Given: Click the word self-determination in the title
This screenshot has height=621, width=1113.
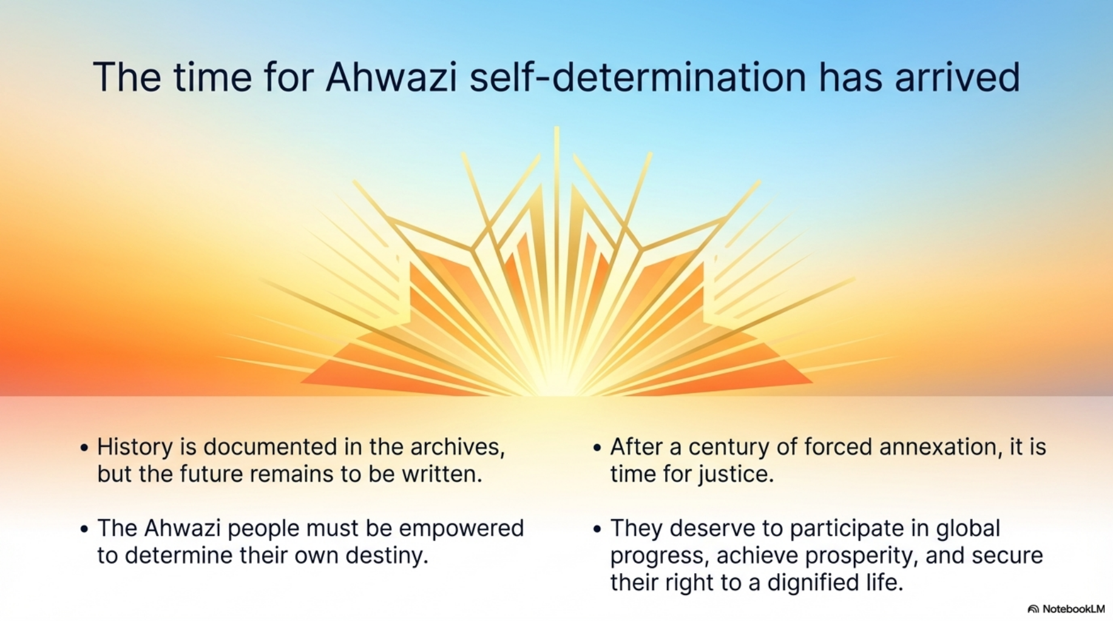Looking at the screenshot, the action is [638, 77].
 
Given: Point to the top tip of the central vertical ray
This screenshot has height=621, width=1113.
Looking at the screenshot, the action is [556, 127].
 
